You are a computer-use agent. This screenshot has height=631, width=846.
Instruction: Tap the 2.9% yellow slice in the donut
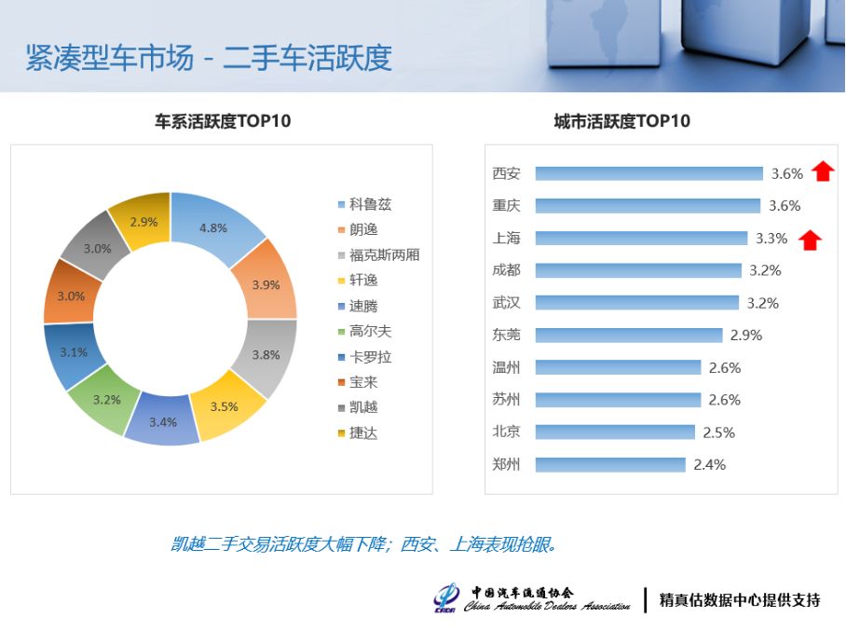click(x=143, y=221)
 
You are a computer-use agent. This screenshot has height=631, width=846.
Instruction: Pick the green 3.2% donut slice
click(x=105, y=400)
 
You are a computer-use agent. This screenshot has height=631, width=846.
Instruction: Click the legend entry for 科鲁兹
click(x=364, y=204)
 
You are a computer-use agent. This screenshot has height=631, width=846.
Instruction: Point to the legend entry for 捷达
click(x=358, y=432)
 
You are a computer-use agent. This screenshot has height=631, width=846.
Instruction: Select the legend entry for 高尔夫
click(x=364, y=331)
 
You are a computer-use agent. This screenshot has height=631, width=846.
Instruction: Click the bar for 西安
click(x=649, y=173)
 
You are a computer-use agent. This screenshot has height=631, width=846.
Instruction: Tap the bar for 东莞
click(x=629, y=336)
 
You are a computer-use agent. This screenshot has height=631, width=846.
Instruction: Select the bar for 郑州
click(x=610, y=465)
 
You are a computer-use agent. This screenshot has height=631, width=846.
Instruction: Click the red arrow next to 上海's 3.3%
click(x=810, y=240)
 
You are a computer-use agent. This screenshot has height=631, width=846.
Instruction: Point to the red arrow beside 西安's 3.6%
click(x=823, y=171)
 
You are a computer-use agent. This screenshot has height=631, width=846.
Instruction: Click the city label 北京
click(x=506, y=432)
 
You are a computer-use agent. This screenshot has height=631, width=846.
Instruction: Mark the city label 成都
click(x=506, y=270)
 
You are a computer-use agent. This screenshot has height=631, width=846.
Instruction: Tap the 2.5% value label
click(x=718, y=432)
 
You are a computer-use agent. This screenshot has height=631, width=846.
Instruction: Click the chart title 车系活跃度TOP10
click(x=223, y=121)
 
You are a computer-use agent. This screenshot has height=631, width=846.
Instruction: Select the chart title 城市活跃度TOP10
click(x=622, y=121)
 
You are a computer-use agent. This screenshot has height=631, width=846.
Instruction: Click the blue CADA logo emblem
click(x=446, y=598)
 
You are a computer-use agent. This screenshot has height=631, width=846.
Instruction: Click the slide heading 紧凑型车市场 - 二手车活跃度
click(x=209, y=58)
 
